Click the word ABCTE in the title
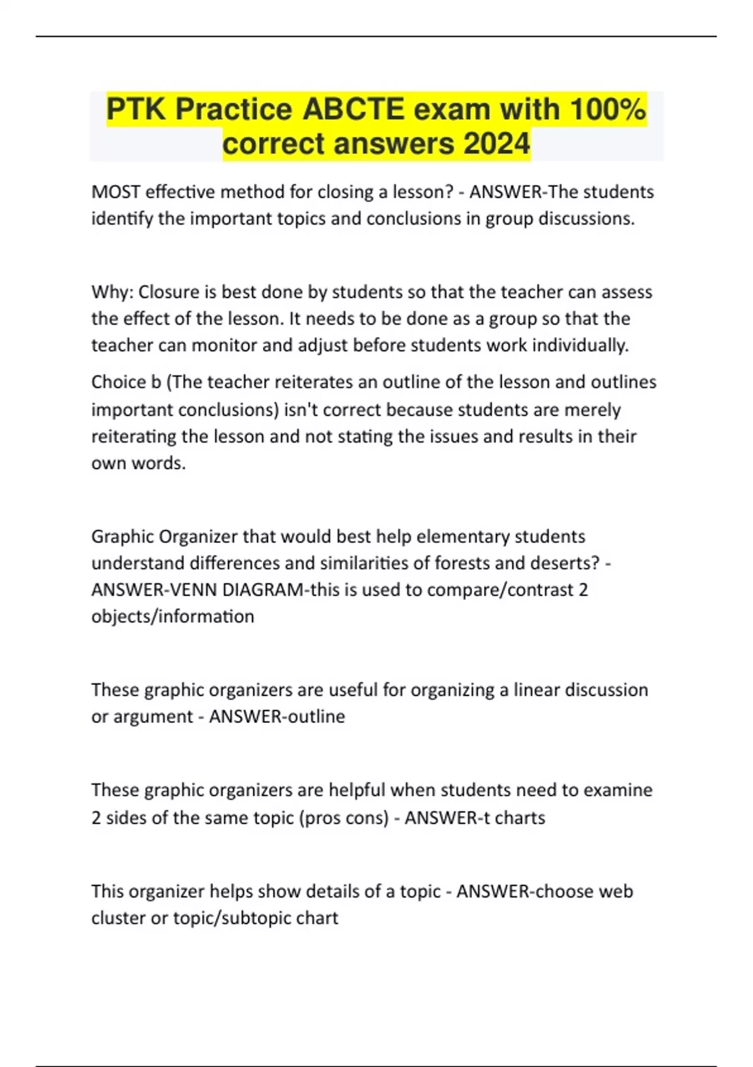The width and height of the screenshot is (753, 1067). click(x=354, y=109)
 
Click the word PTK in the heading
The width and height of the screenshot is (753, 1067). click(x=136, y=109)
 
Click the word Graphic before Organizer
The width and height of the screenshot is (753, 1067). click(x=122, y=537)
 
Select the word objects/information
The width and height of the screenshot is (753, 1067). click(x=173, y=616)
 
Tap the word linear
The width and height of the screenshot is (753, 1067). click(x=537, y=690)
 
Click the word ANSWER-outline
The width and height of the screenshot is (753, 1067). click(x=277, y=716)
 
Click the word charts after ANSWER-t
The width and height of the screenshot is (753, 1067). click(x=520, y=818)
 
